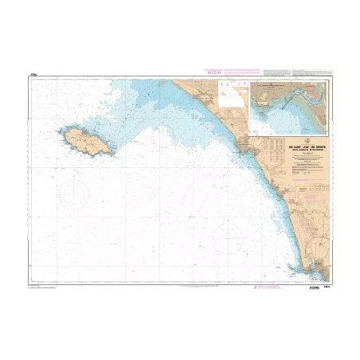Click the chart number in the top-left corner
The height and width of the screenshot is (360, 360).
point(33,76)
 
